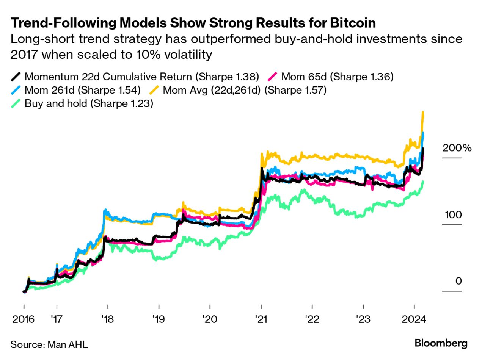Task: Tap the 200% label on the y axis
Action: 457,148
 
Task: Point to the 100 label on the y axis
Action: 453,214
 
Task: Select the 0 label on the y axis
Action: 458,281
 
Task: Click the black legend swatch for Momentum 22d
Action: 15,77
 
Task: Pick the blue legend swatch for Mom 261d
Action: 15,90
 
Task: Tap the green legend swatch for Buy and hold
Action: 15,103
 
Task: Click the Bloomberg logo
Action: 441,343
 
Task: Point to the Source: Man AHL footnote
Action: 49,344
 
